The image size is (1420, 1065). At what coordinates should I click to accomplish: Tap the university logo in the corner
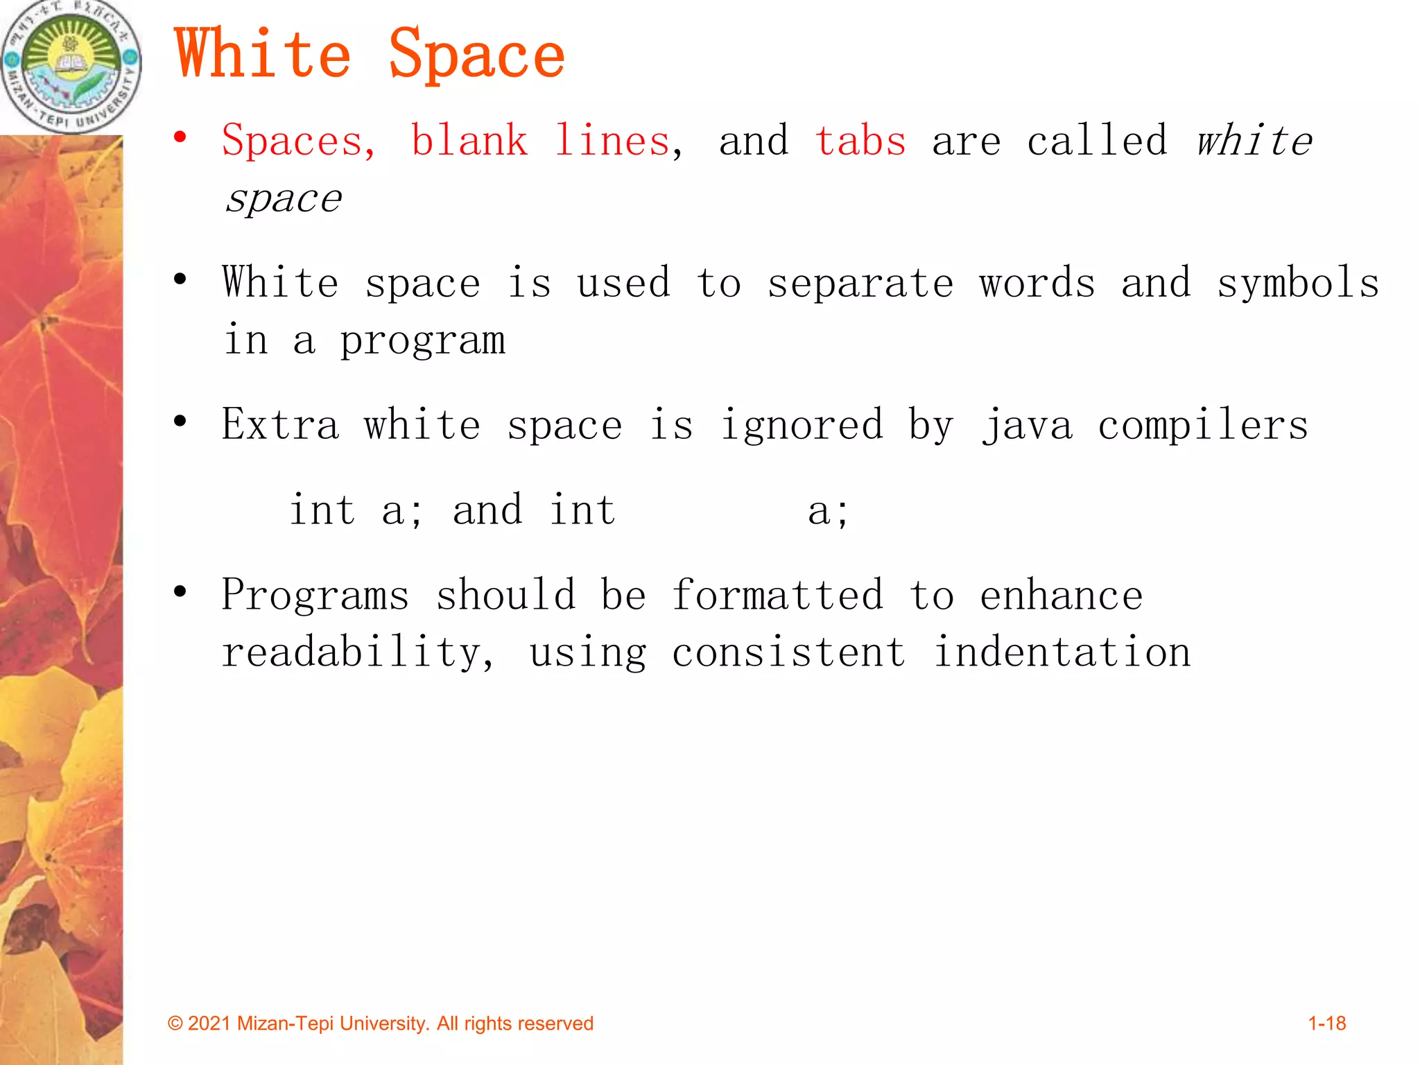pos(71,66)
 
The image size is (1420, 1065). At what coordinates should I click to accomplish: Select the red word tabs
pos(860,141)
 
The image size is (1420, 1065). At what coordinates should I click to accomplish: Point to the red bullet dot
pos(180,137)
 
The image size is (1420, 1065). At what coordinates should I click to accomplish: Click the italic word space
pos(284,200)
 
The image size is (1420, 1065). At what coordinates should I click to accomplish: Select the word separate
pos(860,284)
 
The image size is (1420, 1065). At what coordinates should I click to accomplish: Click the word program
pos(422,342)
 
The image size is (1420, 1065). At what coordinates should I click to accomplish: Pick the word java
pos(1028,425)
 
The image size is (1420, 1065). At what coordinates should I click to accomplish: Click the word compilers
pos(1203,425)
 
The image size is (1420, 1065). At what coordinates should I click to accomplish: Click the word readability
pos(357,653)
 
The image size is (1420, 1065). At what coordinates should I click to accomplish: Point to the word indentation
pos(1062,653)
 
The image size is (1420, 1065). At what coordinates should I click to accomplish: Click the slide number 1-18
pos(1326,1023)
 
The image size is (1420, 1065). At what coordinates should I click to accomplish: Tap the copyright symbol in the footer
pos(175,1024)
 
